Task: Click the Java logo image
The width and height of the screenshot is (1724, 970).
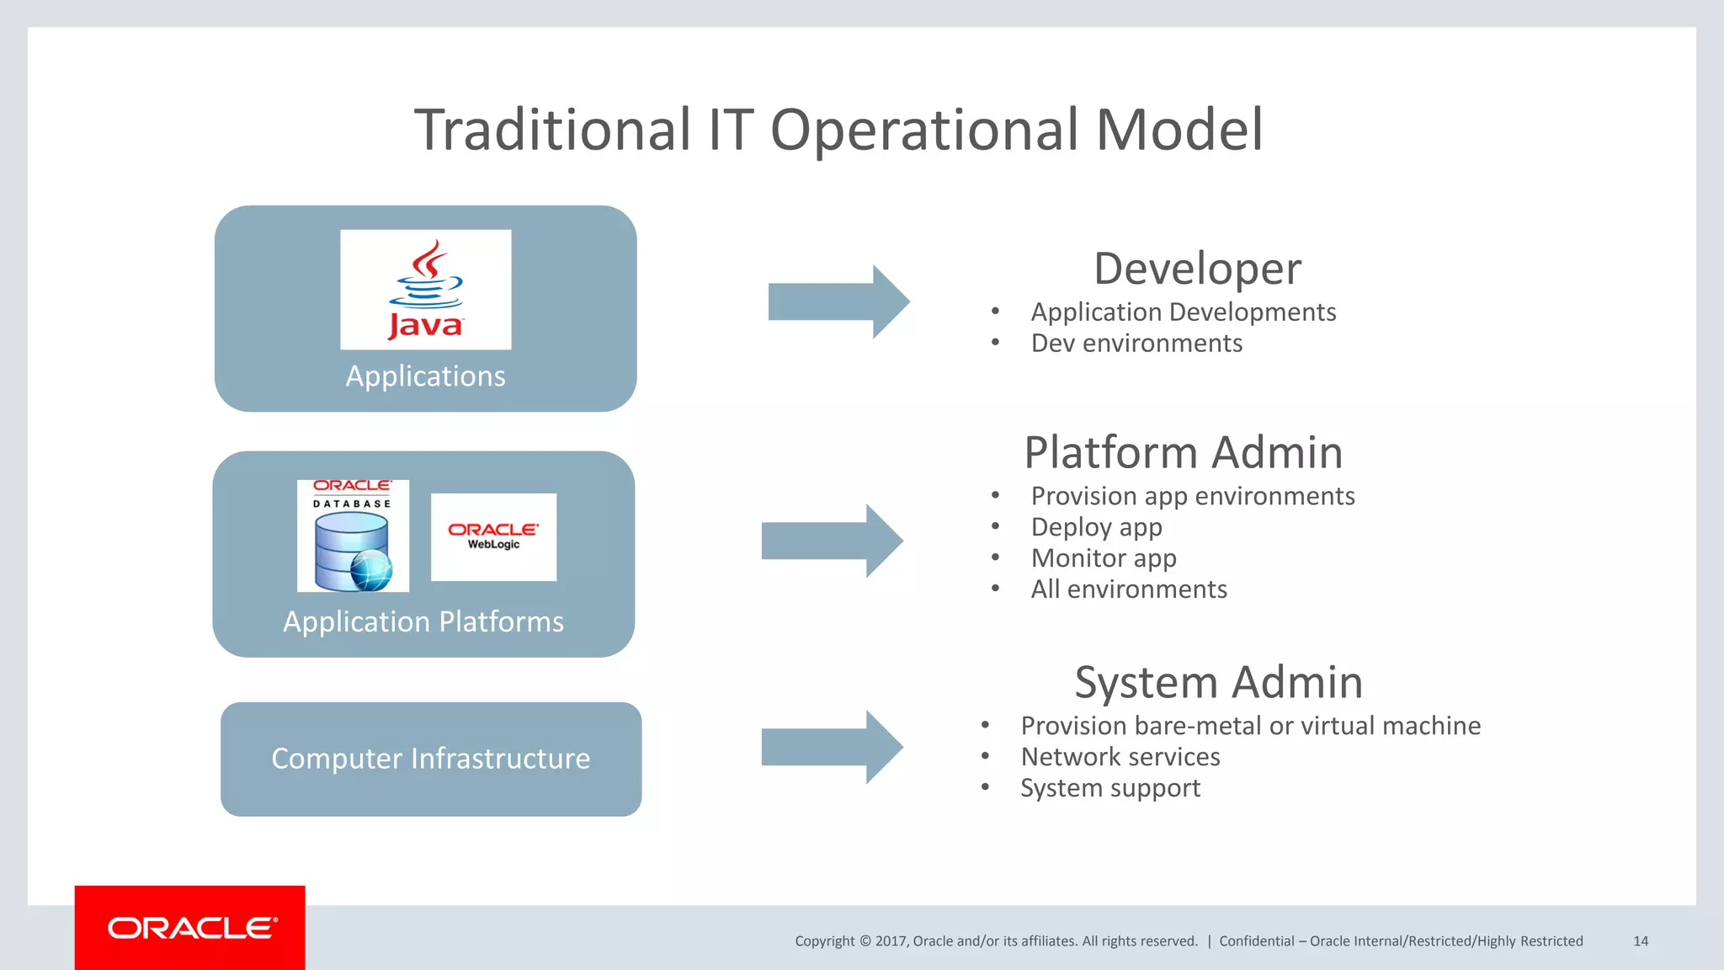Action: [425, 290]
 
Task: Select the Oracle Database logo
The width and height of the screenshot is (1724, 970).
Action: [353, 536]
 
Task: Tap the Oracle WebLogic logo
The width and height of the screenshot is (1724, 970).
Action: [493, 536]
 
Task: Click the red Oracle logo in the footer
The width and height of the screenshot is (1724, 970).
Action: [190, 928]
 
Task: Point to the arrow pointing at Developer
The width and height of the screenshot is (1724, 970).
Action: [838, 301]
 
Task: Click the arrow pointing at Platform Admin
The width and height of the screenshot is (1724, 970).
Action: [832, 541]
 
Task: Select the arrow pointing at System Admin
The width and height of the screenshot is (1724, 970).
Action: [832, 747]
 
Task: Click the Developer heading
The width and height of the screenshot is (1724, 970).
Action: [1197, 269]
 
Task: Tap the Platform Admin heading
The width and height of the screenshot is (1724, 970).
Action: [1183, 452]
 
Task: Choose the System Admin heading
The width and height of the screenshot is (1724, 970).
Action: [1218, 682]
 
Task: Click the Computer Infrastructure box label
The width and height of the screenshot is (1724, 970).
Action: [431, 759]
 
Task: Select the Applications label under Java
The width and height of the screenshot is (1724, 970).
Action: [425, 376]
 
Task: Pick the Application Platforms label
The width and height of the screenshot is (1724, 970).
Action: [423, 621]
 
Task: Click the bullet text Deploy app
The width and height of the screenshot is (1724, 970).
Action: [1096, 527]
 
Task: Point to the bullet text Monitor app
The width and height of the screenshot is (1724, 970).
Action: [1104, 558]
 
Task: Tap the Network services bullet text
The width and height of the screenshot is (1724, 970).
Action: [1120, 757]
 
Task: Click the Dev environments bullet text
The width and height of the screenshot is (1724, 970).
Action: [1136, 344]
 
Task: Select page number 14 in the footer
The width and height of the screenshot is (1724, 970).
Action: [1640, 941]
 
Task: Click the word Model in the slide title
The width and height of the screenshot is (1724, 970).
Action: [1179, 130]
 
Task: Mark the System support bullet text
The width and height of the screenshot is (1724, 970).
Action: [1109, 788]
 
